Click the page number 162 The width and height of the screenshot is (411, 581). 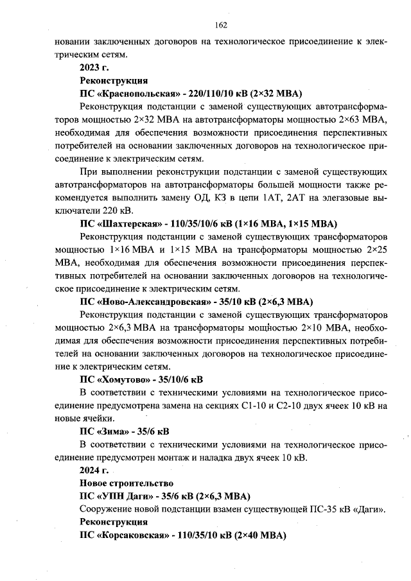coord(222,25)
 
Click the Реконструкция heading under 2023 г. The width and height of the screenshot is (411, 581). coord(114,80)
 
